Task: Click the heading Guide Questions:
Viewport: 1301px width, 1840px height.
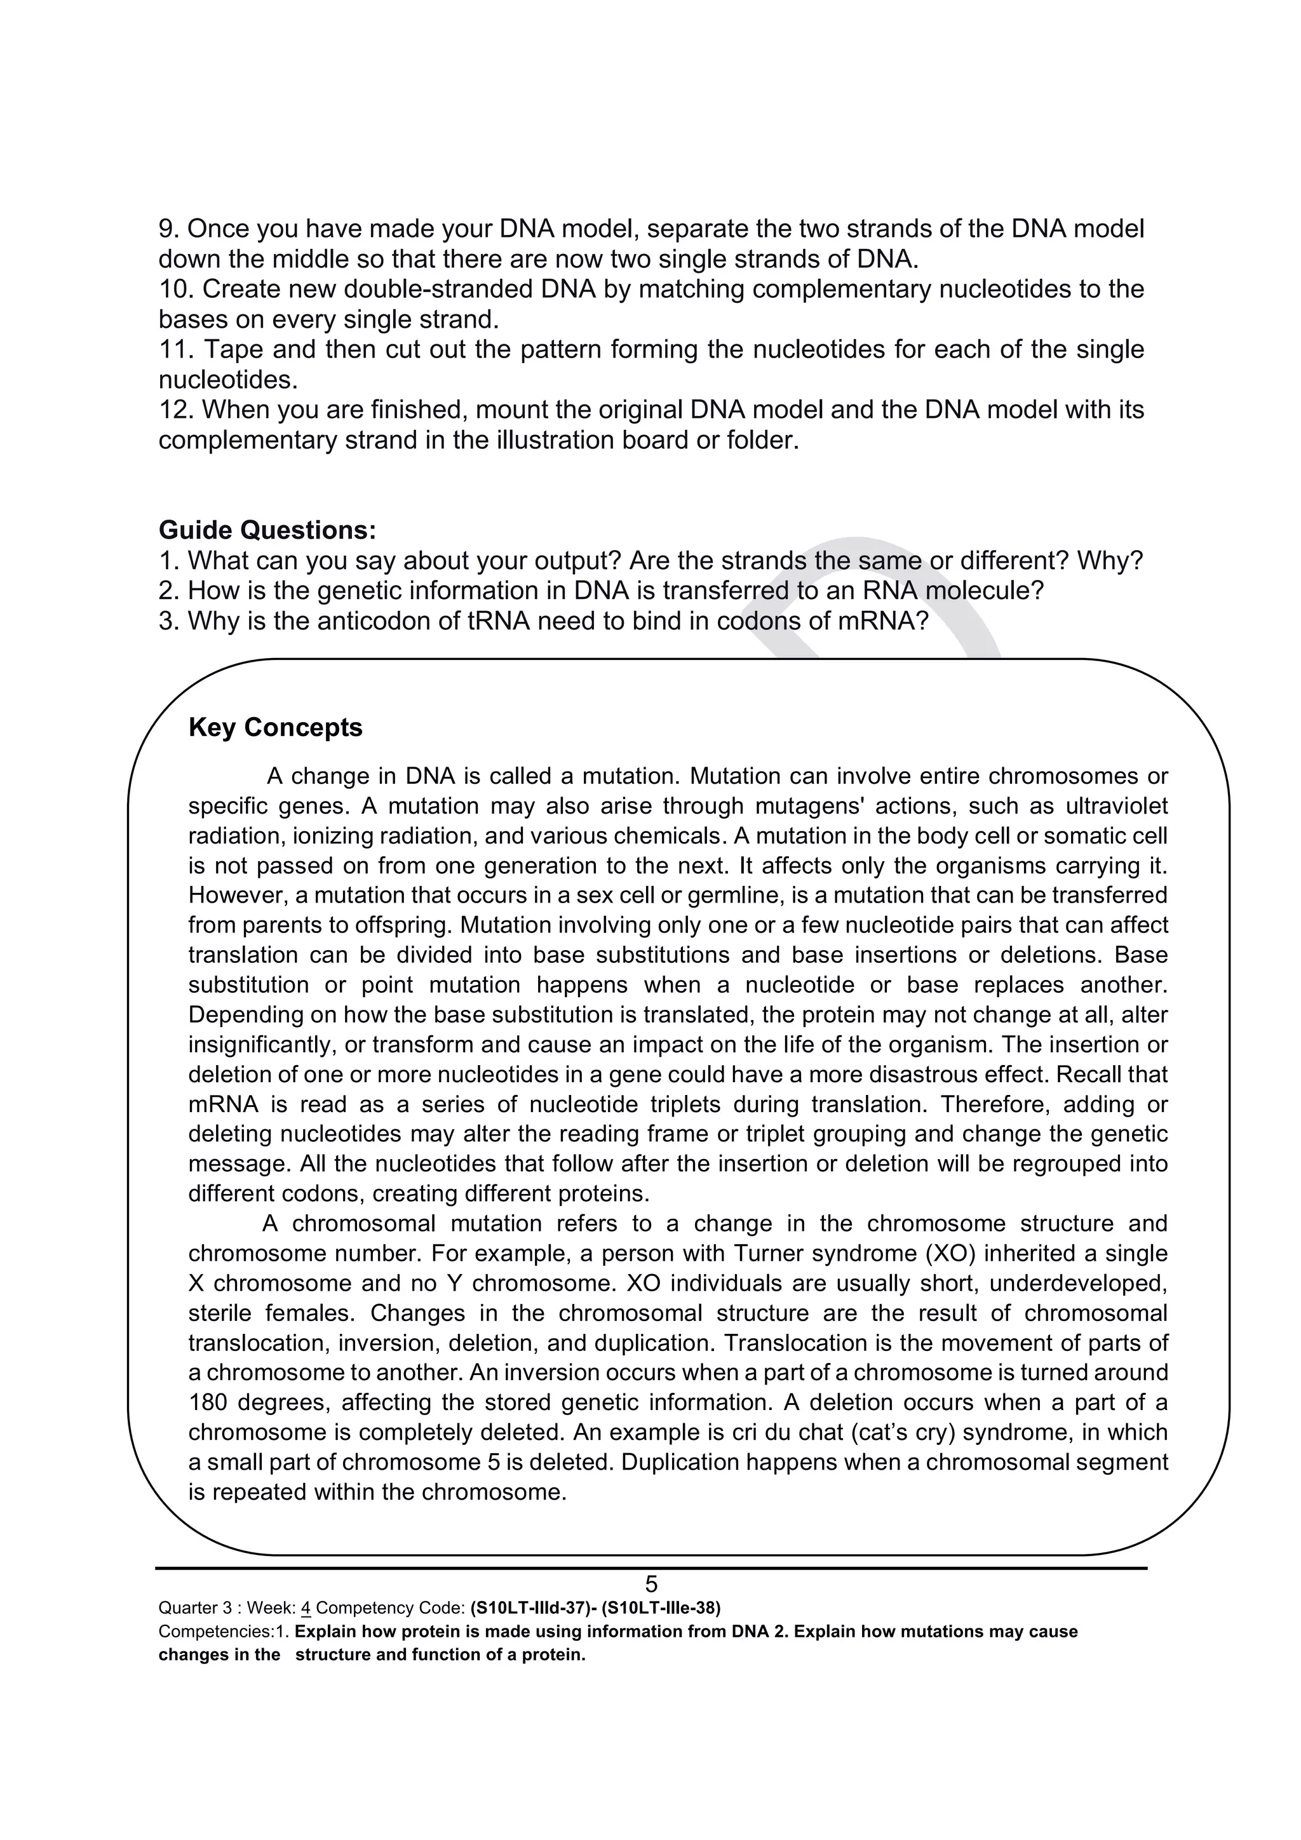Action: pyautogui.click(x=267, y=530)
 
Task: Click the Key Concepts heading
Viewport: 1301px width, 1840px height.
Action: pyautogui.click(x=275, y=728)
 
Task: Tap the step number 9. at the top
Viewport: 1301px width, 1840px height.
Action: pyautogui.click(x=169, y=229)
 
